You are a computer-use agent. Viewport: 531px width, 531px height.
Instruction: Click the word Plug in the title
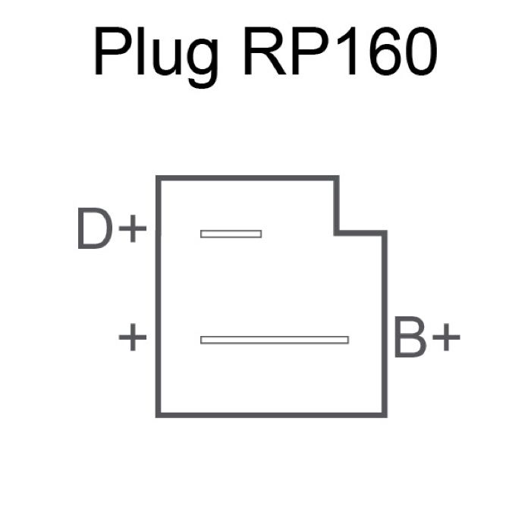(x=156, y=57)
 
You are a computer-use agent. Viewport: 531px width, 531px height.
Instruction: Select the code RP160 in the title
(x=341, y=51)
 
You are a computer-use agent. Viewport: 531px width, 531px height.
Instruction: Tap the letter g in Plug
(x=203, y=63)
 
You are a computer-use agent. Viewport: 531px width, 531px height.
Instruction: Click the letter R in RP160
(x=265, y=51)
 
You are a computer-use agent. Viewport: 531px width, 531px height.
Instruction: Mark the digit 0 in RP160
(x=421, y=51)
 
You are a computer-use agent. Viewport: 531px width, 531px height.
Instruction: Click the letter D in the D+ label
(x=95, y=228)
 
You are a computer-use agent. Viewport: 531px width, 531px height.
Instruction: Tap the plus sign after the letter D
(x=133, y=228)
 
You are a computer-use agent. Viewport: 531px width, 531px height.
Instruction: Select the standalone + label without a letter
(x=133, y=337)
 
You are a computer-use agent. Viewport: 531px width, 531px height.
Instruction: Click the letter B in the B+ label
(x=410, y=337)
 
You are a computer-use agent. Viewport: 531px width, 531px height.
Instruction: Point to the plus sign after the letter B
(x=446, y=337)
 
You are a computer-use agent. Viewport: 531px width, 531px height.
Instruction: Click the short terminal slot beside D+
(x=231, y=234)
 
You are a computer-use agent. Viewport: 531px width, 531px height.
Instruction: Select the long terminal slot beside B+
(x=275, y=340)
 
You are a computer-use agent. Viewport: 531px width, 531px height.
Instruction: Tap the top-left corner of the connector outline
(x=158, y=178)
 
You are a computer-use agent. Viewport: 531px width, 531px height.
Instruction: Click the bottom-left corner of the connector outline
(x=158, y=415)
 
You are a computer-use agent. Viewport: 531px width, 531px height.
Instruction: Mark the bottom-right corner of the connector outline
(x=385, y=415)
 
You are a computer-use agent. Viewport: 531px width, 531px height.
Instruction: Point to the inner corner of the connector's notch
(x=337, y=233)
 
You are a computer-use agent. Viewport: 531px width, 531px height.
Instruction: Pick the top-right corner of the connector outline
(x=337, y=178)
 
